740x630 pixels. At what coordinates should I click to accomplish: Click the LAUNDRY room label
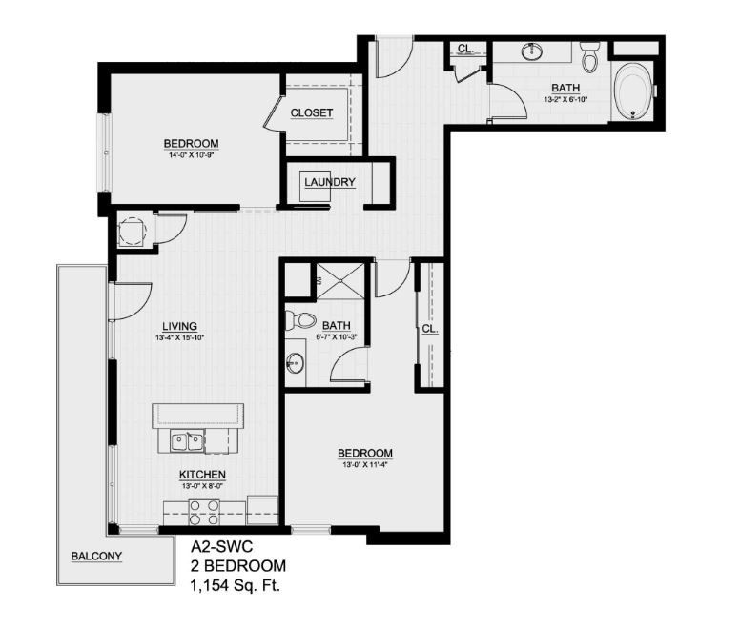330,183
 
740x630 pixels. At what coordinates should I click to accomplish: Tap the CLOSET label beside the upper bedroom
312,113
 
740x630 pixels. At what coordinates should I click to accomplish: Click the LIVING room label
180,326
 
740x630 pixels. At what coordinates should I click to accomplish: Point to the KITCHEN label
202,474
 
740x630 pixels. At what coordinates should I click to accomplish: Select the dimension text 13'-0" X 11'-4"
366,464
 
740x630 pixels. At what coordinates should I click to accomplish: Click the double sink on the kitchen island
188,441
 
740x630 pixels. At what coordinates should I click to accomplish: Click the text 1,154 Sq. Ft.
234,585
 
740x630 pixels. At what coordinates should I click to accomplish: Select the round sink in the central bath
295,362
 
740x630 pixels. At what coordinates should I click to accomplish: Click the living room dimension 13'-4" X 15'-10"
180,337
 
